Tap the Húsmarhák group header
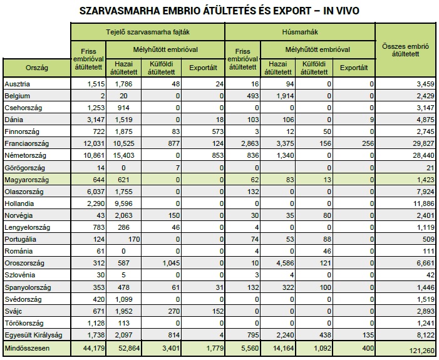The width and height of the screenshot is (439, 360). [x=299, y=31]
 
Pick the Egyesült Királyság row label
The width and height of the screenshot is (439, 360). [x=32, y=334]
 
